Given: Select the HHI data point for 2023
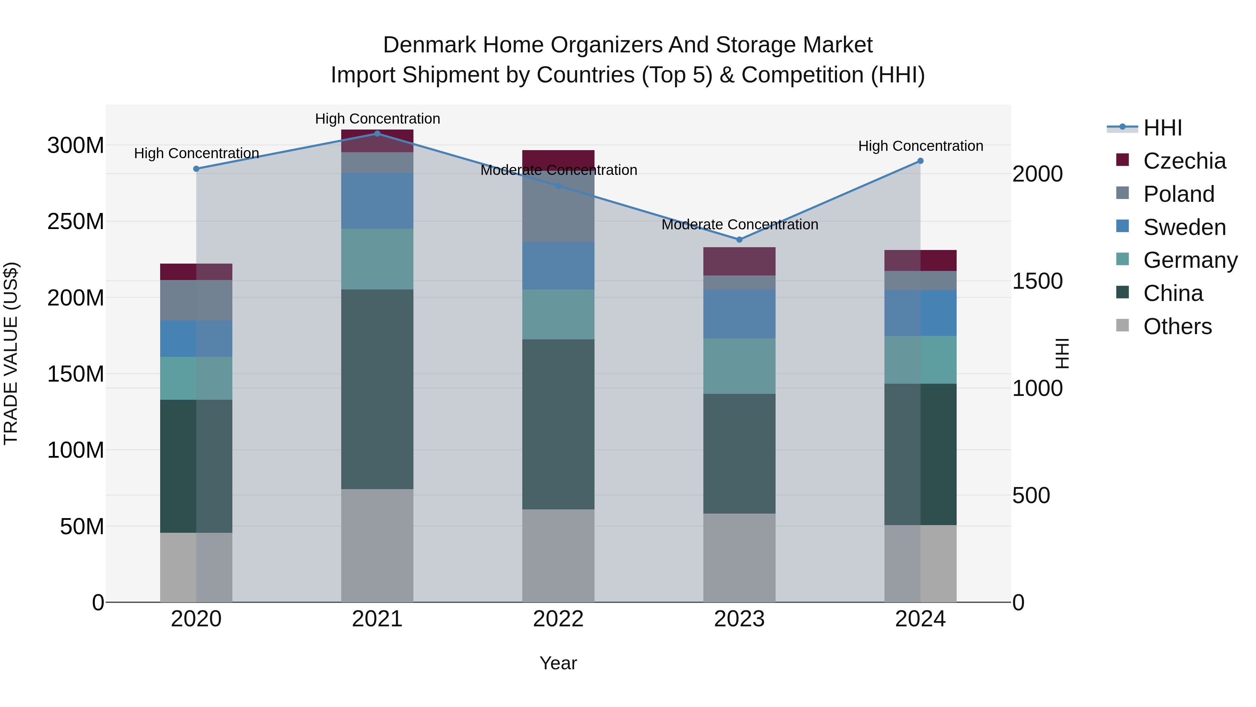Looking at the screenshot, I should (739, 240).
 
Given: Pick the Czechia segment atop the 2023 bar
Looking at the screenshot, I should (739, 261).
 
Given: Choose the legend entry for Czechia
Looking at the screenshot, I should (1184, 161).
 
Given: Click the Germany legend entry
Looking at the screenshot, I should (1190, 260).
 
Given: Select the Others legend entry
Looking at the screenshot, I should (1177, 326).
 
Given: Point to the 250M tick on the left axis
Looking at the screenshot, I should (76, 221).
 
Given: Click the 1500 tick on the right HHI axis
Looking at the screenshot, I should (1037, 281).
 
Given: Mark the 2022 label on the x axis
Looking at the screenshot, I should (558, 619).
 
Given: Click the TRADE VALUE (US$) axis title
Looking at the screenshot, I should (11, 353).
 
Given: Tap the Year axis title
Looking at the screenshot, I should (558, 663).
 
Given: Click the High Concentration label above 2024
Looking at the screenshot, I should (920, 146).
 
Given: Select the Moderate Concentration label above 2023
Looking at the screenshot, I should (739, 224).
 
